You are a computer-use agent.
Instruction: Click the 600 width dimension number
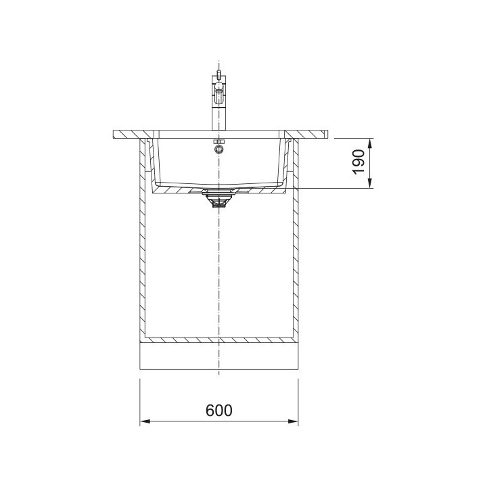[218, 411]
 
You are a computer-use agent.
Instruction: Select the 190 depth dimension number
[358, 162]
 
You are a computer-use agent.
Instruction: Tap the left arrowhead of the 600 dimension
[145, 421]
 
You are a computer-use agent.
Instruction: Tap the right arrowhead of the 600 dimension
[293, 421]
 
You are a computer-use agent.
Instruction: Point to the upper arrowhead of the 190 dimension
[369, 144]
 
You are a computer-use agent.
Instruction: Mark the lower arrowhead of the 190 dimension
[369, 183]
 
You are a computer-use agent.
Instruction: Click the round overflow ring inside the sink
[218, 149]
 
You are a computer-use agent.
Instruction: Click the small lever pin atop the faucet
[218, 74]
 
